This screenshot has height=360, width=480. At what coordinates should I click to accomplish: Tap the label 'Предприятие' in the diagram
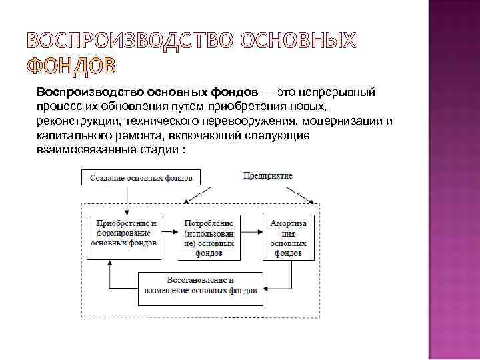tap(268, 175)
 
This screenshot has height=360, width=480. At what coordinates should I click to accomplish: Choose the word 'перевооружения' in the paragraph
tap(257, 121)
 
